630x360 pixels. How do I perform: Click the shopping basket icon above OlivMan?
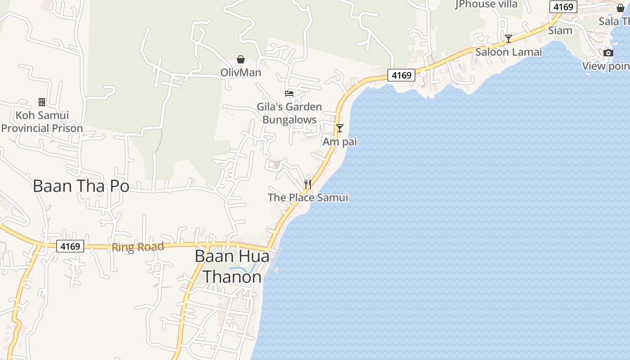coord(241,59)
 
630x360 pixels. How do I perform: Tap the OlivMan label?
coord(241,72)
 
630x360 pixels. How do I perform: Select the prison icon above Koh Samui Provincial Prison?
coord(42,102)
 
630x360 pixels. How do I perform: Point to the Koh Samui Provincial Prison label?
coord(42,121)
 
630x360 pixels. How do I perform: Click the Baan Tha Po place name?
coord(81,186)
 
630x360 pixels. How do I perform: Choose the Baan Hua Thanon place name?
coord(232,266)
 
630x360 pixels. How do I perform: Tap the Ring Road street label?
coord(138,247)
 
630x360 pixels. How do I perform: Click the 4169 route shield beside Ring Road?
coord(70,246)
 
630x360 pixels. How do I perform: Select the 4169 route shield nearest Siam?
coord(563,7)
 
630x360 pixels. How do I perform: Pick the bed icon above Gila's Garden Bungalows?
coord(289,94)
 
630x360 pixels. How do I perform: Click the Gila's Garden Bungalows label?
coord(289,113)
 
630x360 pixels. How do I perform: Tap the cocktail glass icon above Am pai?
coord(340,128)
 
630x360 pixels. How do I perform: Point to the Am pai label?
coord(340,142)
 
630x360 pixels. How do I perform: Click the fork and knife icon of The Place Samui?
coord(308,184)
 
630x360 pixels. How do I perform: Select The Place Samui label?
coord(308,198)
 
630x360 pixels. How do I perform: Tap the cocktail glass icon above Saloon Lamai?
coord(508,39)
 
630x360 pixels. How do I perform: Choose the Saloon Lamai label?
coord(508,52)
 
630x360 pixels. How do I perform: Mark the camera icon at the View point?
coord(608,53)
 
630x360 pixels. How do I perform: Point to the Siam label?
coord(560,31)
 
